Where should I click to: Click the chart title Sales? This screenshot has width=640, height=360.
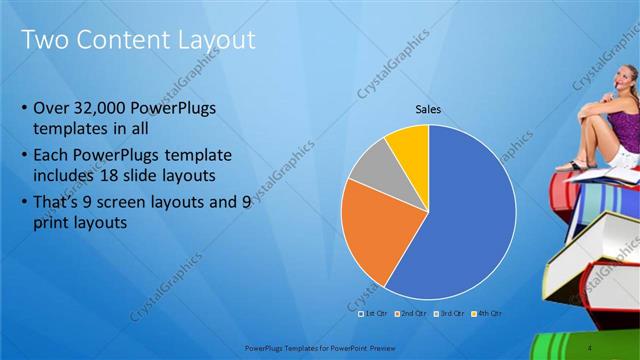[428, 110]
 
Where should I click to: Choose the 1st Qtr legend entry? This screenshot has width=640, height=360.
[375, 313]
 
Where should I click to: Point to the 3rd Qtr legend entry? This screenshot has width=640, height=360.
[449, 313]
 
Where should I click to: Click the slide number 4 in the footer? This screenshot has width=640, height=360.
[590, 346]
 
